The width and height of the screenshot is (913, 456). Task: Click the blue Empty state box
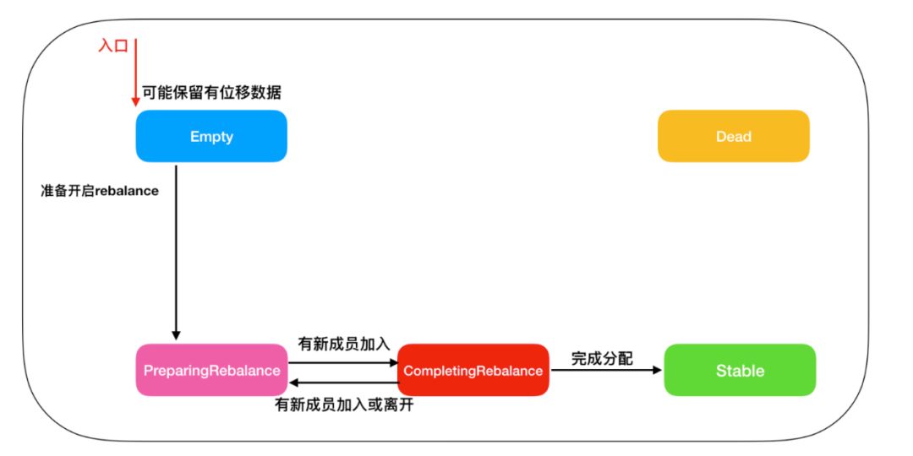pyautogui.click(x=211, y=136)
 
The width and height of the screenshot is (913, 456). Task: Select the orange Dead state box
pyautogui.click(x=734, y=136)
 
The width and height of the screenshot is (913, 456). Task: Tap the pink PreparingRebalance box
pyautogui.click(x=211, y=370)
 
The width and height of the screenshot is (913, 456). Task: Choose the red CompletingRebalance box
pyautogui.click(x=473, y=370)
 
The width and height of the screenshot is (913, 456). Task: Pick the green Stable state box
pyautogui.click(x=740, y=370)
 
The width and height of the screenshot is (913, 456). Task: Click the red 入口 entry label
pyautogui.click(x=113, y=46)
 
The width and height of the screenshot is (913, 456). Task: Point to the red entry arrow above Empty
pyautogui.click(x=135, y=73)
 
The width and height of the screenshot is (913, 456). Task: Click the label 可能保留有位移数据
pyautogui.click(x=212, y=92)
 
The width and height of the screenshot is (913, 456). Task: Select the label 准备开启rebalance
pyautogui.click(x=100, y=191)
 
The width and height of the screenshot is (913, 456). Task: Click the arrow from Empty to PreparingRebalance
pyautogui.click(x=176, y=252)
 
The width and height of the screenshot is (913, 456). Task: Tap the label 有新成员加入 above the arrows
pyautogui.click(x=343, y=344)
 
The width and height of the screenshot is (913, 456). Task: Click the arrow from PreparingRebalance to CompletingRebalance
pyautogui.click(x=343, y=361)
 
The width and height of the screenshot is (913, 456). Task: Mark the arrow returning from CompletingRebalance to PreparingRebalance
pyautogui.click(x=343, y=383)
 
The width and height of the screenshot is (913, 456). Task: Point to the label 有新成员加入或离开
pyautogui.click(x=344, y=404)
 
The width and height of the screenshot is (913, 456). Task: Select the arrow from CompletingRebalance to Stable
pyautogui.click(x=606, y=370)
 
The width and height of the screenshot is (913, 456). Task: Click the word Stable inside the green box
pyautogui.click(x=740, y=371)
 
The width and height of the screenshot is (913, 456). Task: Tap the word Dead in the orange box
pyautogui.click(x=734, y=137)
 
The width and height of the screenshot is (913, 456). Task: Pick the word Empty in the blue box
pyautogui.click(x=211, y=138)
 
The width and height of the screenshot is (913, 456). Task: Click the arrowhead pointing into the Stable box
pyautogui.click(x=659, y=370)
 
